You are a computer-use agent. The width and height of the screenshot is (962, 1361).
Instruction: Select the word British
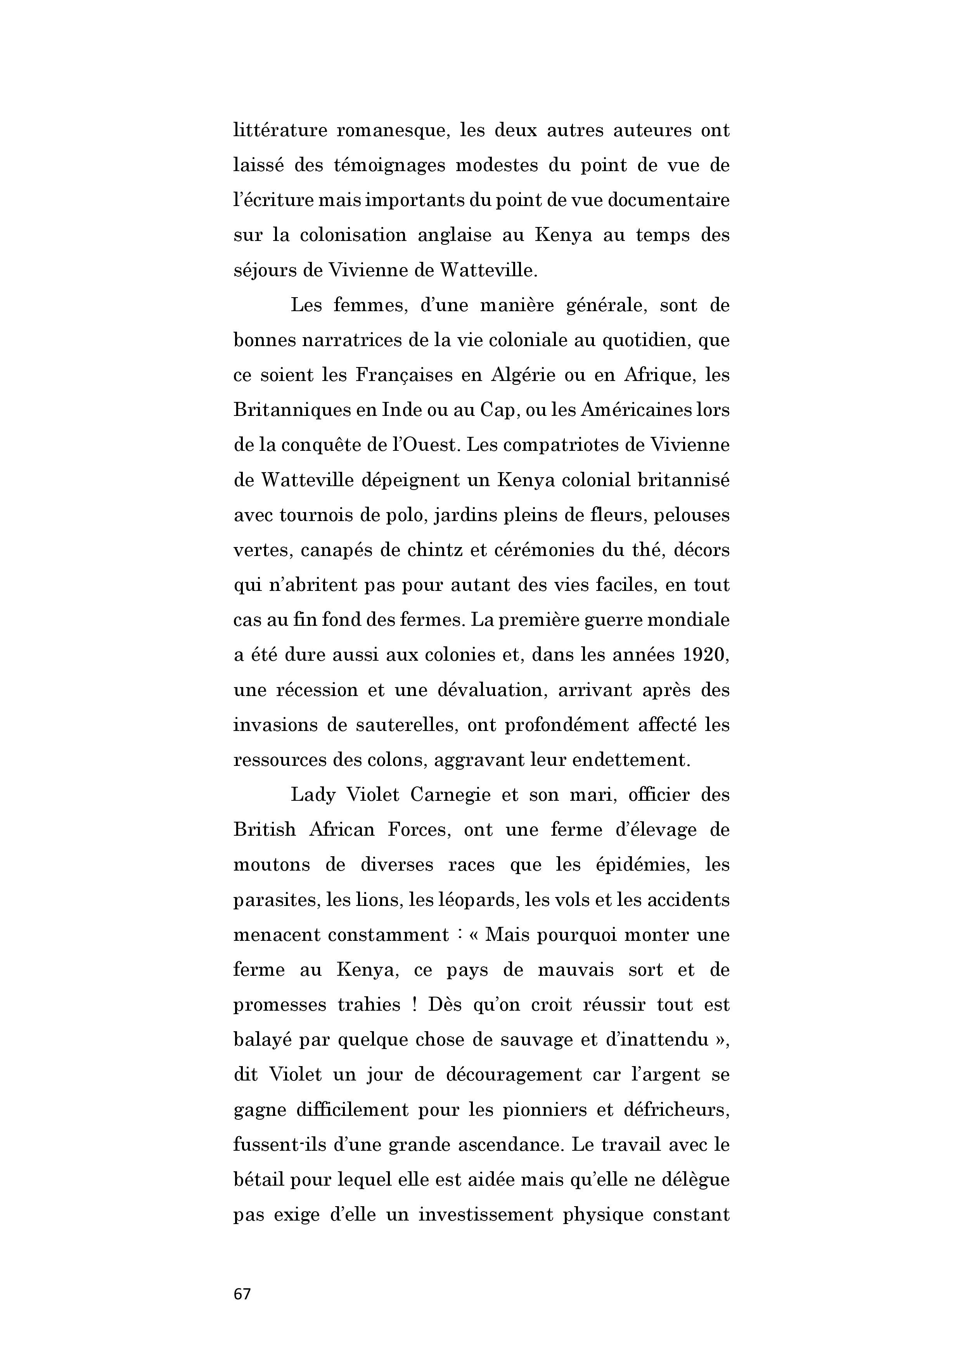pos(265,830)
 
